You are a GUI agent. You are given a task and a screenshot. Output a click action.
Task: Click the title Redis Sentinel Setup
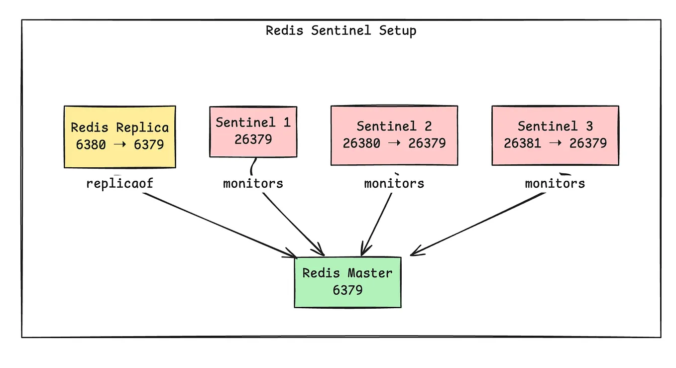pos(341,30)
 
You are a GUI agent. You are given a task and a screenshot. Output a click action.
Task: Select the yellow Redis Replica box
pos(119,136)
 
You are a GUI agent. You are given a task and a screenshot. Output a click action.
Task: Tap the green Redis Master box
pos(347,282)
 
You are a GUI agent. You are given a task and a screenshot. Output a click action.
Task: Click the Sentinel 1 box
pos(253,131)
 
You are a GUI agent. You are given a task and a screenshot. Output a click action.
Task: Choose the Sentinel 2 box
pos(394,135)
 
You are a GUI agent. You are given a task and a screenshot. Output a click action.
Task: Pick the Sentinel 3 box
pos(555,135)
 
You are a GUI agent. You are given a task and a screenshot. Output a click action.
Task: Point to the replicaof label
pos(119,183)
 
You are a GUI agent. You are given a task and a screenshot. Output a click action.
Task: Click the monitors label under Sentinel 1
pos(253,183)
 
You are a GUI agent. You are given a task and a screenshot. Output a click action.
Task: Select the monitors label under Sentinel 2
pos(394,183)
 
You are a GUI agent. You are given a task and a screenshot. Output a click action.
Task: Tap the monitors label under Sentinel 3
pos(555,183)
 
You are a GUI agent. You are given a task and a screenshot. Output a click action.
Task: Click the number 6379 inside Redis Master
pos(347,290)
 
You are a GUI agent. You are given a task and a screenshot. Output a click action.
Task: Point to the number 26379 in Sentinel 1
pos(253,139)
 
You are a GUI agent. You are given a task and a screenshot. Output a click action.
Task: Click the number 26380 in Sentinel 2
pos(361,143)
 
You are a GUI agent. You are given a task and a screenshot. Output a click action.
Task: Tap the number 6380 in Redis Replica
pos(92,144)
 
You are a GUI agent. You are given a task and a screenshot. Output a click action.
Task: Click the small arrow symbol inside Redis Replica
pos(119,144)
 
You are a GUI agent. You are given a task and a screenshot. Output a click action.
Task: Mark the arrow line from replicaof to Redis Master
pos(219,224)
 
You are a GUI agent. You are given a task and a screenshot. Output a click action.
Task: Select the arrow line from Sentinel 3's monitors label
pos(478,224)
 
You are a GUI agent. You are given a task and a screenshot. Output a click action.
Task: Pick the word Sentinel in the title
pos(341,30)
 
